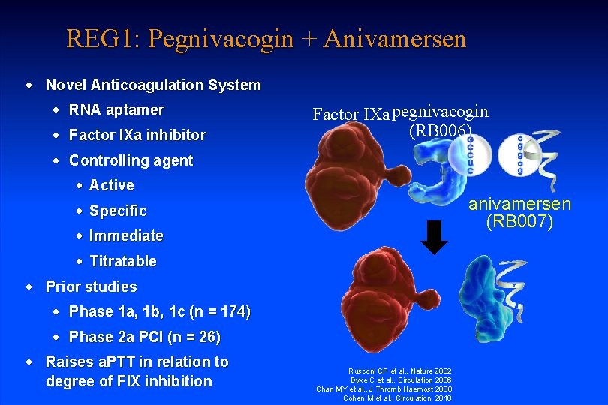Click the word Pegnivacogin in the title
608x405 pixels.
click(220, 38)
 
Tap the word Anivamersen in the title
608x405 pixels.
click(395, 38)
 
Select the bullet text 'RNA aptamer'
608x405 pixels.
click(116, 110)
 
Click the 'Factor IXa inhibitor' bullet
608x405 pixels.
click(137, 136)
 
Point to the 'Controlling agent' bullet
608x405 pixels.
click(131, 160)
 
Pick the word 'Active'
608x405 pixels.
click(111, 185)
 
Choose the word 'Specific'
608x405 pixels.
click(117, 211)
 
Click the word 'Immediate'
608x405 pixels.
click(125, 235)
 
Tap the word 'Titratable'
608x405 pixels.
click(122, 261)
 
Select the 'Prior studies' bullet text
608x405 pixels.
click(91, 286)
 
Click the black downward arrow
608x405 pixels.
click(434, 238)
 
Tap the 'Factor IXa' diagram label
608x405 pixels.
click(351, 115)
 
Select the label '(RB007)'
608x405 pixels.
click(519, 223)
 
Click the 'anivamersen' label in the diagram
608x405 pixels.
click(519, 204)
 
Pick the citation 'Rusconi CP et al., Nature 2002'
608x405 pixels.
click(400, 370)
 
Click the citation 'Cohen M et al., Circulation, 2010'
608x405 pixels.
click(397, 397)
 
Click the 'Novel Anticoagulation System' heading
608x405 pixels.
click(153, 85)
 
